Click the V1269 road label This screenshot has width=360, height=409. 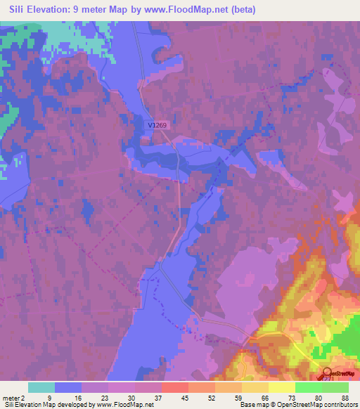159,125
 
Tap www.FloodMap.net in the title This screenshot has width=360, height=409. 164,10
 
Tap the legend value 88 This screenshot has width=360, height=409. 345,396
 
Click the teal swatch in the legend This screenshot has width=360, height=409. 41,387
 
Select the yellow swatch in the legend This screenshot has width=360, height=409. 281,387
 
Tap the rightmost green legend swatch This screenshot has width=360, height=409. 335,387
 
